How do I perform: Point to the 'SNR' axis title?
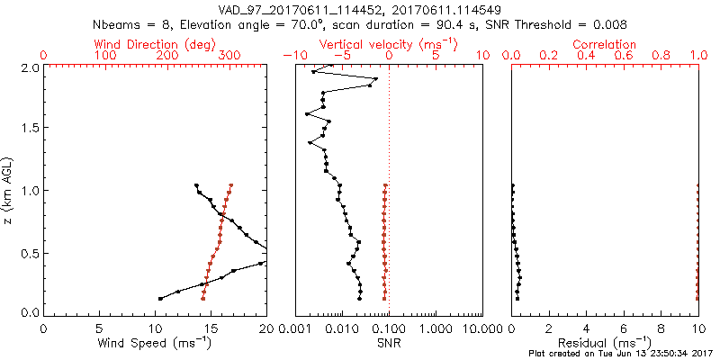pyautogui.click(x=389, y=343)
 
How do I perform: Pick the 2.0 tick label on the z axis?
pyautogui.click(x=29, y=67)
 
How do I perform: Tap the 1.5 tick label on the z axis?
pyautogui.click(x=29, y=129)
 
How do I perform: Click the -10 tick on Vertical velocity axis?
pyautogui.click(x=291, y=56)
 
